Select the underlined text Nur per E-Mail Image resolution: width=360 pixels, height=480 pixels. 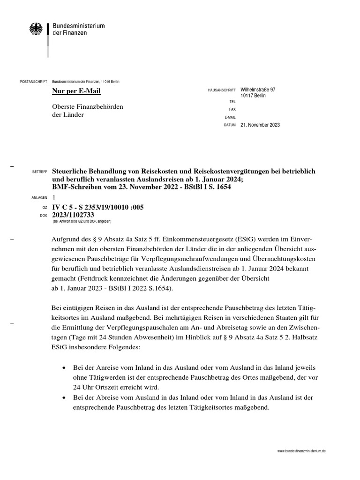[x=76, y=91]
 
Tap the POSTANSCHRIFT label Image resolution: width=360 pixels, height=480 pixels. [x=32, y=82]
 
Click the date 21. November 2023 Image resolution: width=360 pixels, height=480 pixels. [x=260, y=125]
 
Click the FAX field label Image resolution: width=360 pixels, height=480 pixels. [x=231, y=109]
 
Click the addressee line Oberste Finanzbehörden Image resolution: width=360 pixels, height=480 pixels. [x=88, y=107]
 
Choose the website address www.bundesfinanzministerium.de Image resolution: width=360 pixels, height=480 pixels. [x=301, y=450]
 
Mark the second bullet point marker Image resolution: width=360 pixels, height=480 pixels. [x=63, y=397]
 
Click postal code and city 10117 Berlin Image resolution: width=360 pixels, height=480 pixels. [x=253, y=95]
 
